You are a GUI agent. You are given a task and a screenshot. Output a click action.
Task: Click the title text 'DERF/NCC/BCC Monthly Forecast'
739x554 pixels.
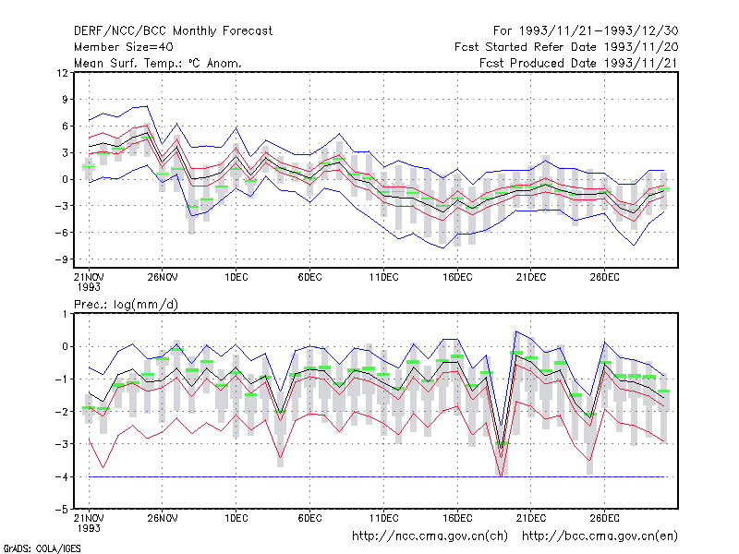tap(173, 31)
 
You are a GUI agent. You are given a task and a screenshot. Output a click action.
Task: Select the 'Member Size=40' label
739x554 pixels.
tap(124, 47)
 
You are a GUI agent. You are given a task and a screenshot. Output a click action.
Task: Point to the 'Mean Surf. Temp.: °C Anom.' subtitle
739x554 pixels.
tap(158, 63)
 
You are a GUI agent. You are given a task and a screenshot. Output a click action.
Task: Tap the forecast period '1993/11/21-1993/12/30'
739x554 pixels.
tap(599, 31)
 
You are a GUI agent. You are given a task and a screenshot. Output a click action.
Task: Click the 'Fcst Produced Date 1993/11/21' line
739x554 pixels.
tap(579, 63)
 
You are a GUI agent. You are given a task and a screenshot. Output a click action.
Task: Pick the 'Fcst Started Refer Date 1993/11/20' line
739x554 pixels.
tap(566, 47)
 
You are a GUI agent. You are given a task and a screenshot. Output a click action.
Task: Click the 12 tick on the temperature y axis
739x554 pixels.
tap(62, 73)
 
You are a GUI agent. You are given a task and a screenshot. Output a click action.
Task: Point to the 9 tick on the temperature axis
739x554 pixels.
tap(65, 100)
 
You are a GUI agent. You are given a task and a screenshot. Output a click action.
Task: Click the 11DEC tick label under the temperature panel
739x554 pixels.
tap(383, 277)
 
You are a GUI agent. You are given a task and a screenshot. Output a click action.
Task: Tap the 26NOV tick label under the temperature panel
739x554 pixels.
tap(163, 277)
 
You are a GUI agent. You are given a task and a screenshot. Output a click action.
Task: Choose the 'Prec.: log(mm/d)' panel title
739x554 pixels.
tap(126, 305)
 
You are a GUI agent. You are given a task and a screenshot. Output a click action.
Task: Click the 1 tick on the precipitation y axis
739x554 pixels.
tap(65, 314)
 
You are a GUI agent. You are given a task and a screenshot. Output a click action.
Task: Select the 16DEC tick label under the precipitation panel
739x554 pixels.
tap(457, 518)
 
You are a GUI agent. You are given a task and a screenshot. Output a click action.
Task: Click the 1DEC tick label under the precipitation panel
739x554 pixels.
tap(236, 518)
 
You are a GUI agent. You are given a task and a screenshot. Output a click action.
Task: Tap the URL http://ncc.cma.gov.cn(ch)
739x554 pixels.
tap(430, 536)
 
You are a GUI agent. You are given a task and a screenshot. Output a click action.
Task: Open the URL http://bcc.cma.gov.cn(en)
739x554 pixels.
tap(600, 536)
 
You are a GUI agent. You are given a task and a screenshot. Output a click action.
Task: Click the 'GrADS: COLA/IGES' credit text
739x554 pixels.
tap(42, 548)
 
